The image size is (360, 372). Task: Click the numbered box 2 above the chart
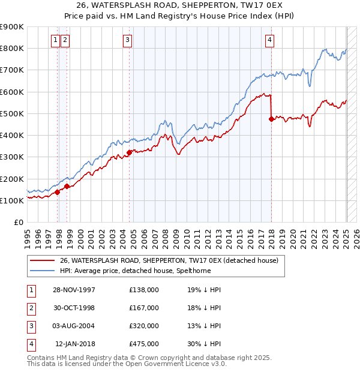(x=65, y=40)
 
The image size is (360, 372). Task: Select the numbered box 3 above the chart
(x=128, y=40)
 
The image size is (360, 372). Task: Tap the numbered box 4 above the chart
(x=270, y=40)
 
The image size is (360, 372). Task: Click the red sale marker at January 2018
(x=271, y=119)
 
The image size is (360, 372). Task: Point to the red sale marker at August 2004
(x=129, y=152)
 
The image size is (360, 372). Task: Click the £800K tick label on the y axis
(x=12, y=48)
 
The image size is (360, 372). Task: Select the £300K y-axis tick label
(x=12, y=157)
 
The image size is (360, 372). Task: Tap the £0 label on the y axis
(x=19, y=222)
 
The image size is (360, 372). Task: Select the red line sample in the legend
(x=42, y=261)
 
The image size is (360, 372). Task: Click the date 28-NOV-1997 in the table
(x=74, y=290)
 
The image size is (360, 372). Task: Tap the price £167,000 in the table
(x=144, y=308)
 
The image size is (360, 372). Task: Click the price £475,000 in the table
(x=144, y=344)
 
